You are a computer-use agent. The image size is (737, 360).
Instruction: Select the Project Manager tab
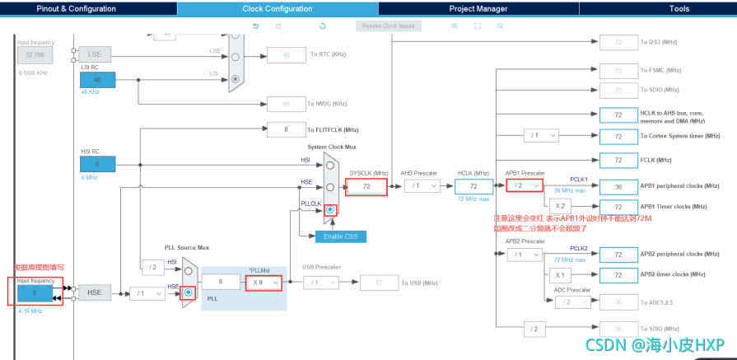(478, 8)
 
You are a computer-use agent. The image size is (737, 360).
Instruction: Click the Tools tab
(679, 8)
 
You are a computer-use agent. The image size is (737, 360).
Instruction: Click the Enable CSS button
(338, 237)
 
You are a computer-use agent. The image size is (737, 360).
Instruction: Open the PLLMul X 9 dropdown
(264, 283)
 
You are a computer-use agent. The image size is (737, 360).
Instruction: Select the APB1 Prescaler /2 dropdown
(524, 186)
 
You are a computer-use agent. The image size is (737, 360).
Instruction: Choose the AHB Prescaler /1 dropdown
(422, 186)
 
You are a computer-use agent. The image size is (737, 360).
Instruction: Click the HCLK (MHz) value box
(473, 187)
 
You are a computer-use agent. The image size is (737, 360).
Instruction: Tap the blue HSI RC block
(97, 164)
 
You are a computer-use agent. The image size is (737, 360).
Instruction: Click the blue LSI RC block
(97, 80)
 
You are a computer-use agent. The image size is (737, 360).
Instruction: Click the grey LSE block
(95, 54)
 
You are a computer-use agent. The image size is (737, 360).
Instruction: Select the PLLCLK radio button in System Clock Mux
(330, 210)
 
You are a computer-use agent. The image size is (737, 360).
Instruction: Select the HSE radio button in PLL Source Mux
(189, 292)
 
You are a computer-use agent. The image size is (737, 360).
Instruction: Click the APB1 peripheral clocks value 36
(618, 186)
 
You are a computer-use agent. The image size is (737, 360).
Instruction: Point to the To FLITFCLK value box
(286, 129)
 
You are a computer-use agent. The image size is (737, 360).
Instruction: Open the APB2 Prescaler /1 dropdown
(524, 255)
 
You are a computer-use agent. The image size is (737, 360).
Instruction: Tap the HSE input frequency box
(34, 292)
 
